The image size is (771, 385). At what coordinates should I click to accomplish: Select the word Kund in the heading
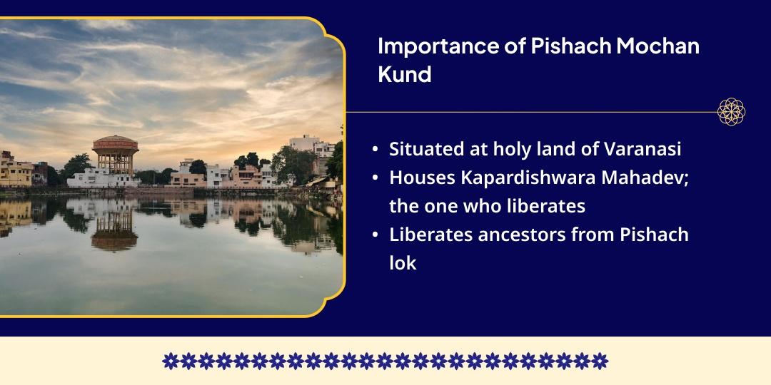tap(404, 73)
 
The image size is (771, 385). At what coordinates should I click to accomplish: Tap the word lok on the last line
tap(403, 262)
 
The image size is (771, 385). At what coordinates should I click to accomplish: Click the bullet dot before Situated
tap(376, 150)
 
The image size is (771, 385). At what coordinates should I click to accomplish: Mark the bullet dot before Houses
tap(376, 179)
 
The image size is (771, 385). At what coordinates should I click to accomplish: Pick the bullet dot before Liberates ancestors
tap(376, 235)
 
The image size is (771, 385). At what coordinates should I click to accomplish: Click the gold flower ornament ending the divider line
tap(732, 112)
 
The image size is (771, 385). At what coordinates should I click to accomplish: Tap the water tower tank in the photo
tap(115, 145)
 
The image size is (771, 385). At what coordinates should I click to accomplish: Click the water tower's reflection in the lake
tap(114, 228)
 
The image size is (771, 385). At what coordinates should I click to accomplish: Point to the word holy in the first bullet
tap(483, 150)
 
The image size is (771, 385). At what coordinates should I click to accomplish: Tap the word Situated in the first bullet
tap(423, 150)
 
